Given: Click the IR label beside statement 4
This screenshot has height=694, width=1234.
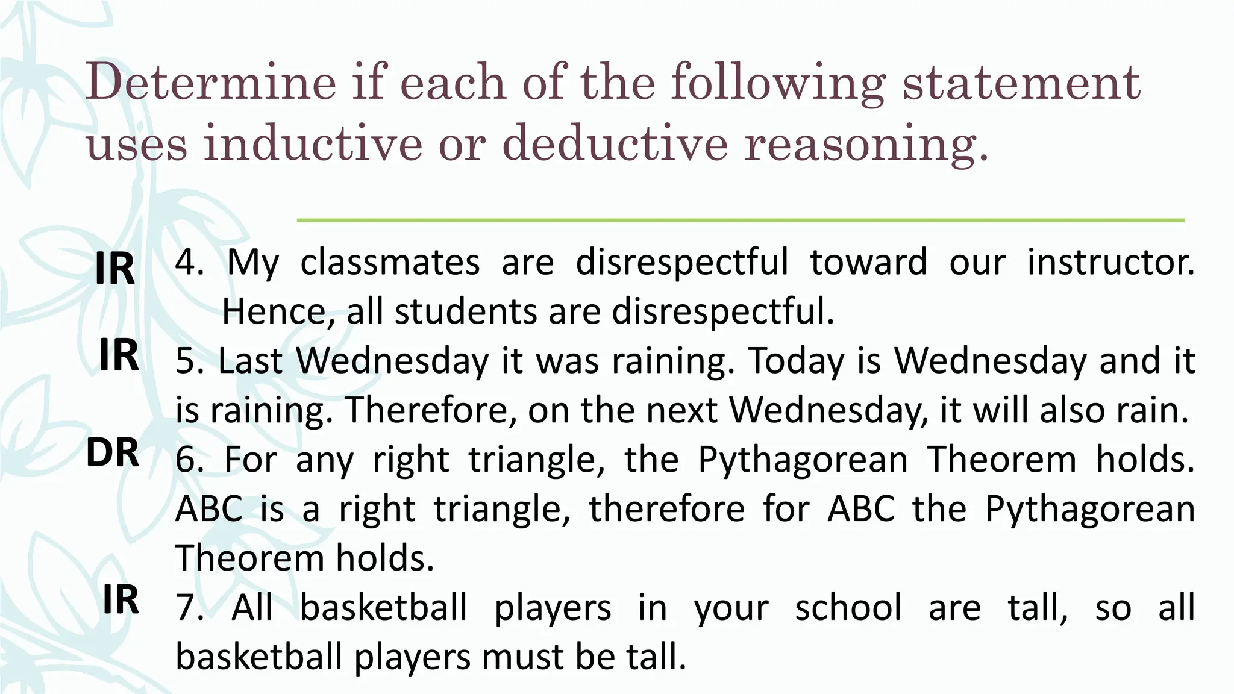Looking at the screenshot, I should (114, 269).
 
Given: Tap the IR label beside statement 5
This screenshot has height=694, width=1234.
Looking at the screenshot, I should (119, 355).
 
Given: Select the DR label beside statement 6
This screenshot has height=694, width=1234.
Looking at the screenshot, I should (112, 453).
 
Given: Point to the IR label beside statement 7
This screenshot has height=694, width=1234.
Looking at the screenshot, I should (121, 600).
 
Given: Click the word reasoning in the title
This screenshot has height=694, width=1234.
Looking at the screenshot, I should (865, 145).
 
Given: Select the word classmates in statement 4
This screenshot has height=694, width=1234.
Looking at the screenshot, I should (390, 263).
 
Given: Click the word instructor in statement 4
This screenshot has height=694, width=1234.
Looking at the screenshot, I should (1110, 263).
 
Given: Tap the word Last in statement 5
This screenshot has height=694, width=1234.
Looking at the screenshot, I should (250, 361).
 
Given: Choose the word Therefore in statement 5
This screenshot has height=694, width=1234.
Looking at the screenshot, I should (430, 411).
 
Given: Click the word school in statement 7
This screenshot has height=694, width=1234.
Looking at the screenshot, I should (848, 607).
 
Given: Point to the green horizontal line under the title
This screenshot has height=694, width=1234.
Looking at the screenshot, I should (740, 220).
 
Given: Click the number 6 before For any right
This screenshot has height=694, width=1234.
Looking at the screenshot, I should (186, 460).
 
